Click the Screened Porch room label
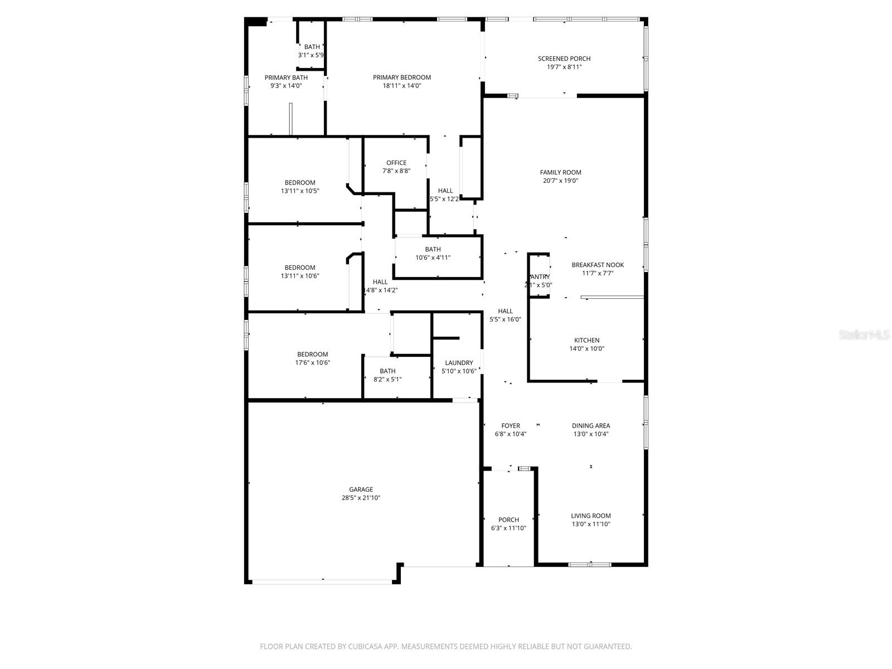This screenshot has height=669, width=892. click(x=564, y=59)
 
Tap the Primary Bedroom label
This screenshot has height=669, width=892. click(x=401, y=77)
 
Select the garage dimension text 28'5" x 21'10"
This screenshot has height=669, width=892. click(x=361, y=498)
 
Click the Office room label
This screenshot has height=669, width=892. click(x=396, y=163)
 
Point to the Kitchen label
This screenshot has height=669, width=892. click(x=586, y=340)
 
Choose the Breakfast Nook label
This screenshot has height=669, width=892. click(x=598, y=265)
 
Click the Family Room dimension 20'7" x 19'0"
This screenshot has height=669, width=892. click(x=560, y=181)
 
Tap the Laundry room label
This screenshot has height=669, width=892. click(x=459, y=362)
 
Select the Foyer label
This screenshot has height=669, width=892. click(x=510, y=425)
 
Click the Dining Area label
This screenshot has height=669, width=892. click(x=590, y=425)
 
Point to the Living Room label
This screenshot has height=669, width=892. click(x=590, y=516)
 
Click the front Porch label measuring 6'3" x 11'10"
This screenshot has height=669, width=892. click(x=508, y=520)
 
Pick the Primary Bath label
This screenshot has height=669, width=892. click(x=285, y=77)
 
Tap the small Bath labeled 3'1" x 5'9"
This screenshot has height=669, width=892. click(x=312, y=47)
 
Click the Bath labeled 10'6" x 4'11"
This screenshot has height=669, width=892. click(x=433, y=249)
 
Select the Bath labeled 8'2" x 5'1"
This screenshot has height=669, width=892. click(x=387, y=371)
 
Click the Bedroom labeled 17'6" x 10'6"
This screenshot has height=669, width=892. click(x=312, y=354)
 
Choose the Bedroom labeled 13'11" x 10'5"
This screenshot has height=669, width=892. click(x=300, y=182)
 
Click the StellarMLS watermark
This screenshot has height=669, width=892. click(x=864, y=334)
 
